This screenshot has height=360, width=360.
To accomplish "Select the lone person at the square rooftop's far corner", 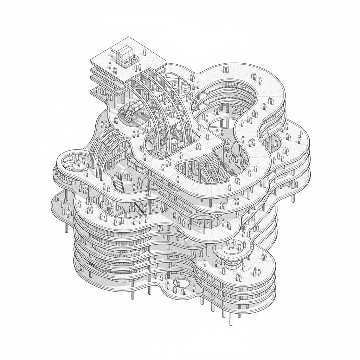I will [144, 52].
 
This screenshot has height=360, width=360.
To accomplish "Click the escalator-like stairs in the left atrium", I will [118, 183].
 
